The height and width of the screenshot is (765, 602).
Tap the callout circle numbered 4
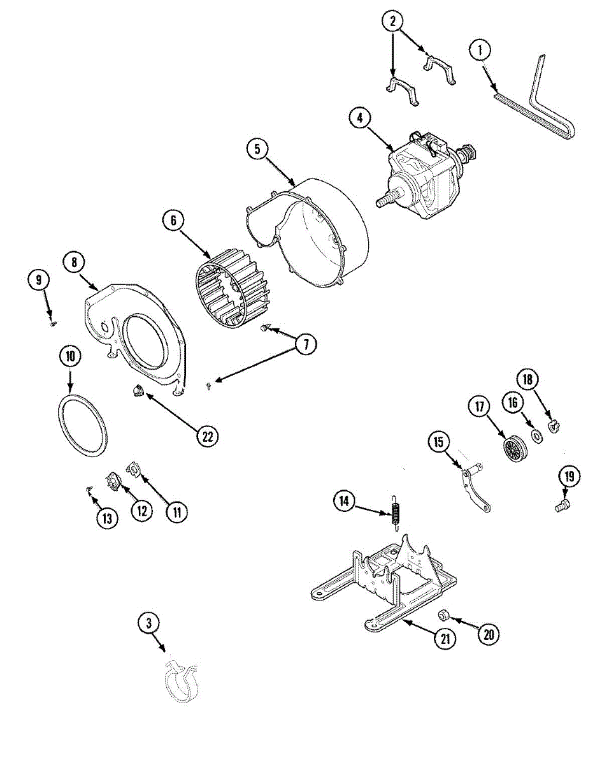coord(361,119)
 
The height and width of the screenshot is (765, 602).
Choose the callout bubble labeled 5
coord(257,149)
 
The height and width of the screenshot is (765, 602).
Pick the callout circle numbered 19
coord(568,476)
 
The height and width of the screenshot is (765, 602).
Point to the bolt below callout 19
coord(561,506)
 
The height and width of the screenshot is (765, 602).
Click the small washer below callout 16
coord(536,436)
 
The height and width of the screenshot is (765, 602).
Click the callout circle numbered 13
coord(107,518)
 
